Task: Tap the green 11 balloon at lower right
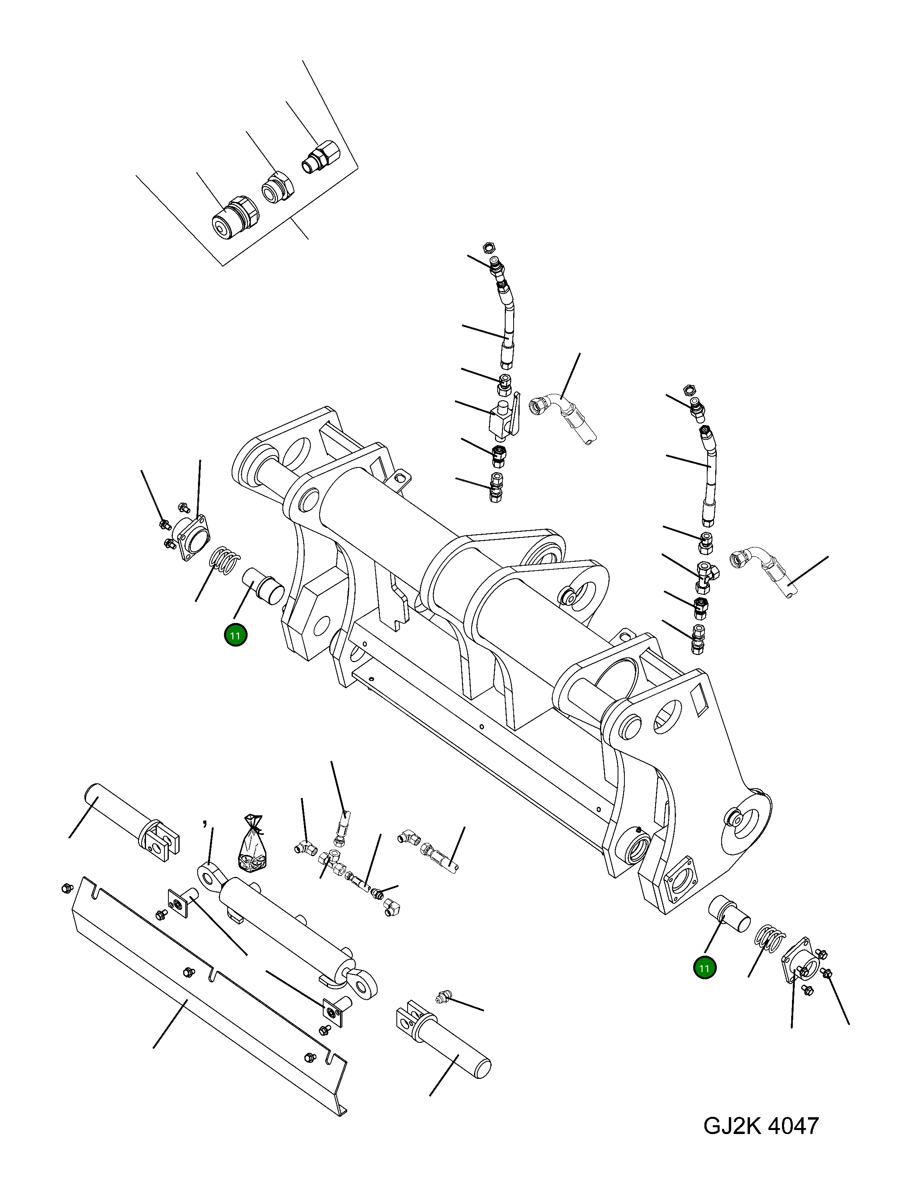coord(704,968)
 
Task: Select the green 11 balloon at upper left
coord(236,635)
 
